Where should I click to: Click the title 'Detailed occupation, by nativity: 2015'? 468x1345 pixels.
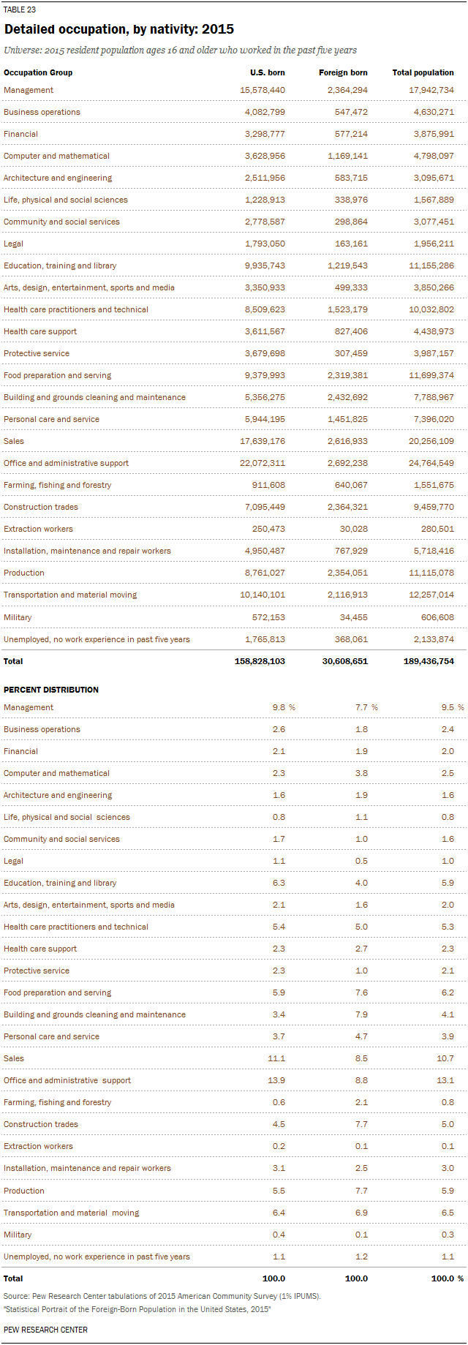click(119, 29)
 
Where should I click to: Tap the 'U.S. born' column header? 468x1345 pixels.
click(268, 72)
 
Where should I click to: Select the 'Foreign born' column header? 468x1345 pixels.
click(343, 72)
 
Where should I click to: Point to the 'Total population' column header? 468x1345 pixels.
click(423, 72)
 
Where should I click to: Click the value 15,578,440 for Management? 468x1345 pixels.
click(263, 90)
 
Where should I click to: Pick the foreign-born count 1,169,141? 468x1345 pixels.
click(347, 156)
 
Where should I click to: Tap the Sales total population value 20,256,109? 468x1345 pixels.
click(431, 441)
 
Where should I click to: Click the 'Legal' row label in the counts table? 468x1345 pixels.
click(13, 244)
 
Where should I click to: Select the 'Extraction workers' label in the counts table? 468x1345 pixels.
click(38, 529)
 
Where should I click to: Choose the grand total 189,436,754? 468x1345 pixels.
click(429, 661)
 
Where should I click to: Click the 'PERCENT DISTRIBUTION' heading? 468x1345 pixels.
click(51, 690)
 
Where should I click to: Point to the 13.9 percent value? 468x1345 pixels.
click(279, 1080)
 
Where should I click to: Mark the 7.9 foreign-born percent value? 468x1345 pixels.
click(361, 1014)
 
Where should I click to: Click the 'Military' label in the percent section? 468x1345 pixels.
click(18, 1235)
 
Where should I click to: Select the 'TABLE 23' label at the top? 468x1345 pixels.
click(20, 10)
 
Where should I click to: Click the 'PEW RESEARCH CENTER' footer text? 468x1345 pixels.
click(45, 1330)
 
